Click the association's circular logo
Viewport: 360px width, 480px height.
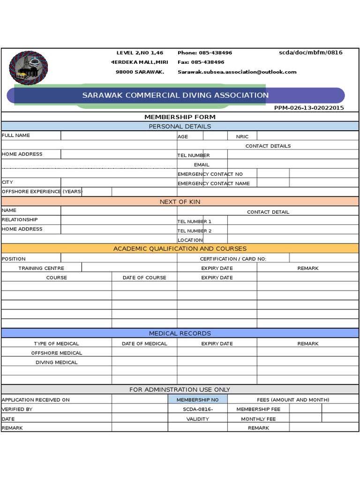tap(29, 68)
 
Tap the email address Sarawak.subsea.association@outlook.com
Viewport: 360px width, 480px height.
tap(237, 72)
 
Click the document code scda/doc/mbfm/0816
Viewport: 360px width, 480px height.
tap(310, 52)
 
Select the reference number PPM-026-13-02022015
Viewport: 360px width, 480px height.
tap(309, 108)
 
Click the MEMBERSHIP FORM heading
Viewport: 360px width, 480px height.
tap(180, 117)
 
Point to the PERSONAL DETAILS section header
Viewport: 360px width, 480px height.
tap(180, 127)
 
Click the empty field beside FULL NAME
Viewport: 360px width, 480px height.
tap(119, 135)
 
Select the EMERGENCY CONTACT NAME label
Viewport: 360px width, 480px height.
tap(213, 183)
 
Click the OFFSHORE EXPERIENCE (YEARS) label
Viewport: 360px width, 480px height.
tap(42, 192)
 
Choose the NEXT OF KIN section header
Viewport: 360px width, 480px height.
tap(180, 202)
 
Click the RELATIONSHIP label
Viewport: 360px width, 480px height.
tap(20, 220)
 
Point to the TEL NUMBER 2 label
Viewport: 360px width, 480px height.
tap(194, 231)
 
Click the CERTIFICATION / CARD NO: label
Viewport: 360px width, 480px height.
tap(233, 259)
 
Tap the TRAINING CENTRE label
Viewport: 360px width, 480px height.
tap(41, 268)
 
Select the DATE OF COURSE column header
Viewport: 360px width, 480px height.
tap(144, 277)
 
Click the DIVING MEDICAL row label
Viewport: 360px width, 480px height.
tap(57, 362)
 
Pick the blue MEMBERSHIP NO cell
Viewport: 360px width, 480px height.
tap(197, 400)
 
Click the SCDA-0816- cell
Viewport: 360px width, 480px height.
tap(197, 409)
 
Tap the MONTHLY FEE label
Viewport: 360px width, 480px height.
tap(258, 419)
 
